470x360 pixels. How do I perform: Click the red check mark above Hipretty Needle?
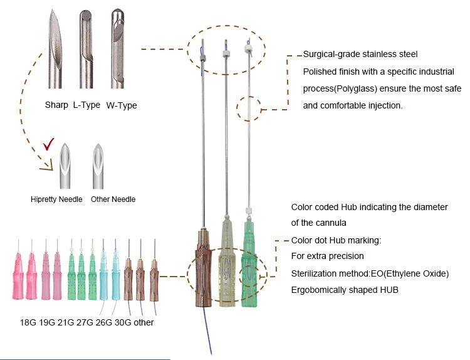(48, 147)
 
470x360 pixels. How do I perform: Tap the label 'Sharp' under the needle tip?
(56, 105)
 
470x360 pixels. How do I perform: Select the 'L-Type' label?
(86, 105)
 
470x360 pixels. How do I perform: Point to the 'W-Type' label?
(122, 105)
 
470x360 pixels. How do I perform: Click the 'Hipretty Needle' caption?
(56, 199)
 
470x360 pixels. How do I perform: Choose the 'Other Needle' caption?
(113, 199)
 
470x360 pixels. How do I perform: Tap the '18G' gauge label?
(29, 322)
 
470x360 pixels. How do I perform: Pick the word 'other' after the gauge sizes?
(141, 322)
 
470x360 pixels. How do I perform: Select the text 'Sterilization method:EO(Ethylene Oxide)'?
(370, 273)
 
